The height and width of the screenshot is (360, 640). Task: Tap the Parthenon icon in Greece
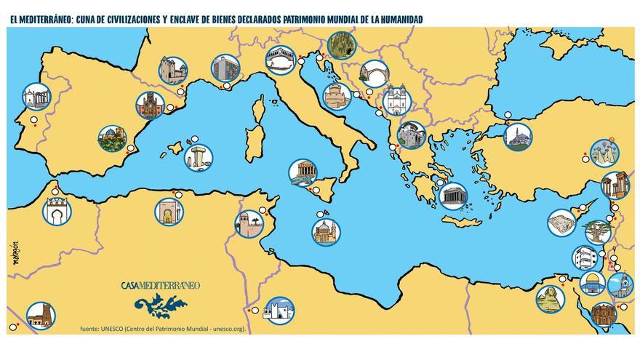point(451,194)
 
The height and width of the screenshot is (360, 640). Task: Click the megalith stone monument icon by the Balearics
point(196,157)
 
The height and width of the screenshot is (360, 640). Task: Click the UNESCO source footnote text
point(164,329)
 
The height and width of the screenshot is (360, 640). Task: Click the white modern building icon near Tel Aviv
point(584,258)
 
